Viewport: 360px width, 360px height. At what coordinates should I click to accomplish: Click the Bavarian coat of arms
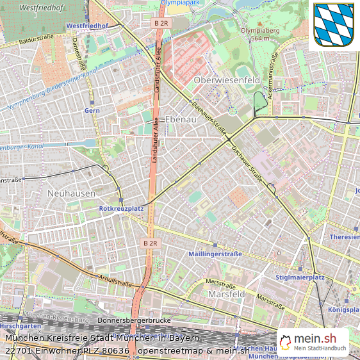pos(334,25)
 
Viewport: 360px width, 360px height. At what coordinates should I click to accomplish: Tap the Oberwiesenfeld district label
pos(227,80)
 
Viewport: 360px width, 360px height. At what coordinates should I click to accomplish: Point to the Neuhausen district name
pos(71,193)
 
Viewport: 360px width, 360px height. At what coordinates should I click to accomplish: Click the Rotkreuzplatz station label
pos(122,209)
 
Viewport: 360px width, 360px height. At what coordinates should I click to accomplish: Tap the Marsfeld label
pos(227,294)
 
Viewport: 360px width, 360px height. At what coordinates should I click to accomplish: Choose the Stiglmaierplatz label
pos(300,278)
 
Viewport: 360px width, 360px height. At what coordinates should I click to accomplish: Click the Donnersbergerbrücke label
pos(133,320)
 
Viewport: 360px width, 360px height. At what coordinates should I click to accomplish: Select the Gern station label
pos(92,110)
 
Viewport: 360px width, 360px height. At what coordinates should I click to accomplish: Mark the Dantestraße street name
pos(79,55)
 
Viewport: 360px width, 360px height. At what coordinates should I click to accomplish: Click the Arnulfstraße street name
pos(116,281)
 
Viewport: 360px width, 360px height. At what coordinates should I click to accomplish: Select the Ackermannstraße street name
pos(274,72)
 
